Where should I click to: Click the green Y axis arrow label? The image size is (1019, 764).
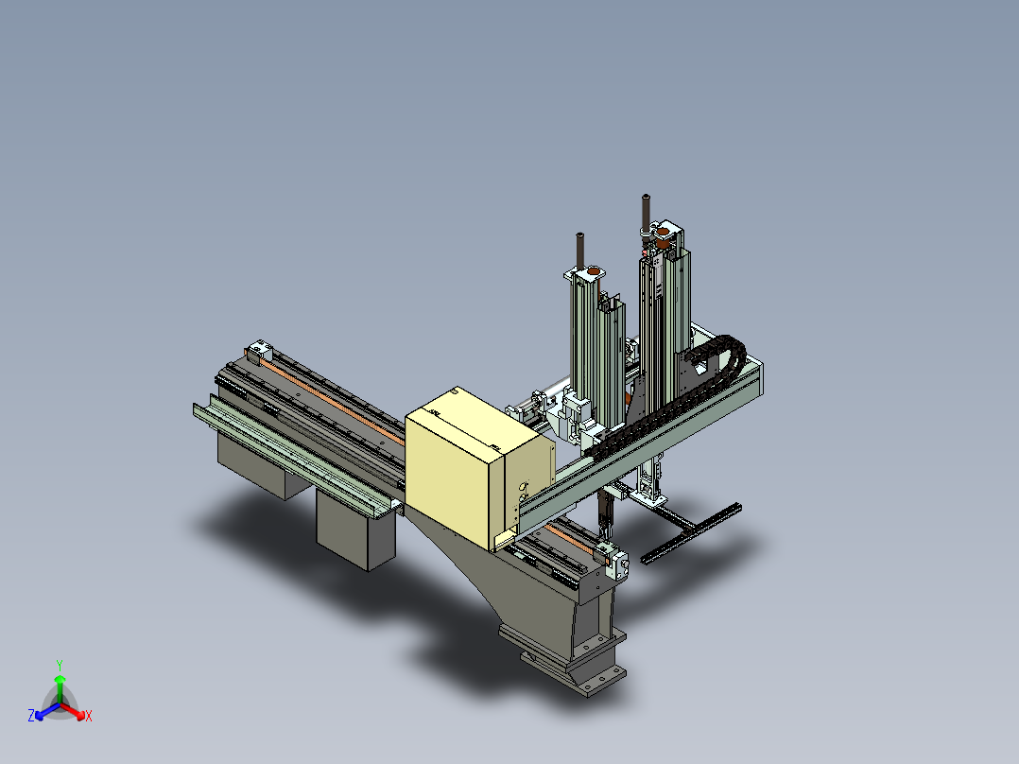pos(60,665)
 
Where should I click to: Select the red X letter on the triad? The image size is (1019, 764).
pos(89,716)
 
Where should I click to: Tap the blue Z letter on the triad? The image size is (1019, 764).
pos(31,715)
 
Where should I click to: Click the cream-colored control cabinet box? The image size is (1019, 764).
pos(479,466)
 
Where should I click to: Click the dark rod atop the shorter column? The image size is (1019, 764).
pos(579,251)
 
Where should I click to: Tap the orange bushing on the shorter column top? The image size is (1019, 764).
pos(594,270)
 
